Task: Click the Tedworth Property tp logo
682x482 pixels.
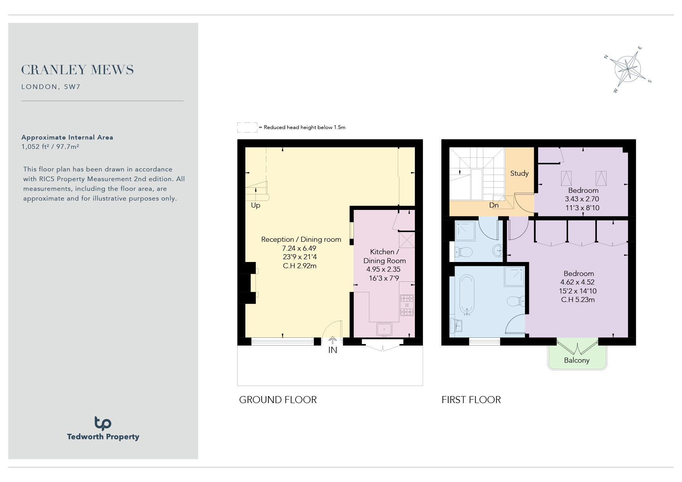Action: [103, 423]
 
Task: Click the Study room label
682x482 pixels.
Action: [519, 173]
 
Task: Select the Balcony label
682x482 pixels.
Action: [577, 360]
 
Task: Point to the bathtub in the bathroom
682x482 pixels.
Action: [467, 295]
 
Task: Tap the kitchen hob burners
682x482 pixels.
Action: [407, 305]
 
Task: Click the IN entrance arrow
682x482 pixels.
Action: [332, 341]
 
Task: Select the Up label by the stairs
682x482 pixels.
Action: [255, 205]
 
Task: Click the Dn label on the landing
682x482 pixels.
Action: [494, 205]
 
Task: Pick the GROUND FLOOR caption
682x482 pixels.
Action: [278, 400]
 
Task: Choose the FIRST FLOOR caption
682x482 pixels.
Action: [471, 400]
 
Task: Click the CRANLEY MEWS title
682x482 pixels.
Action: [77, 70]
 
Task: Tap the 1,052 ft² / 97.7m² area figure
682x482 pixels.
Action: [51, 147]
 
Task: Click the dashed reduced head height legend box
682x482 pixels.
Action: [247, 127]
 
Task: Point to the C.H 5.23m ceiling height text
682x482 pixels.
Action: [578, 300]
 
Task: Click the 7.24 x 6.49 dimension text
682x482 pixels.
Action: [299, 248]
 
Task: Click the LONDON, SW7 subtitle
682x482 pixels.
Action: [51, 87]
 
